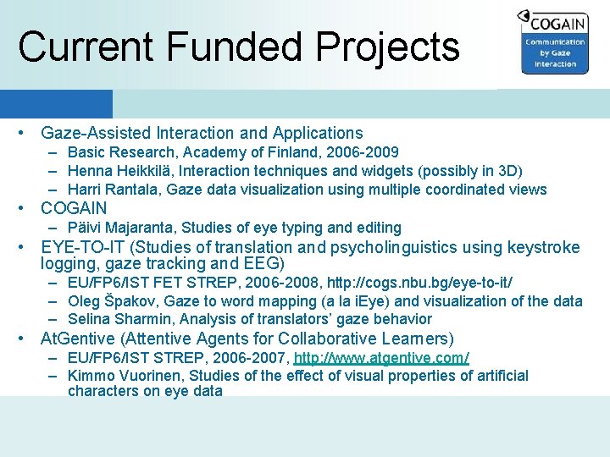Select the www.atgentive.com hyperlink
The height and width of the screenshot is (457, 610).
[381, 358]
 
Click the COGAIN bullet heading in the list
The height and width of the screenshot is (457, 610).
[74, 208]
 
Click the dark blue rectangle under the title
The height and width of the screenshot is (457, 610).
[56, 104]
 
